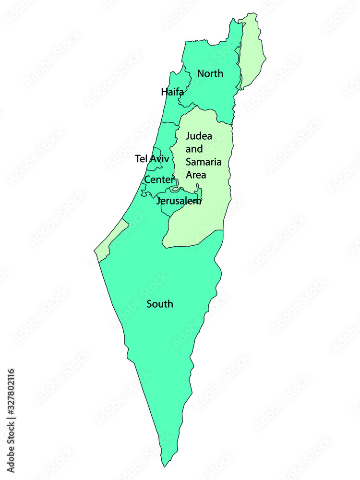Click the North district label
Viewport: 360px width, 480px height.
[210, 74]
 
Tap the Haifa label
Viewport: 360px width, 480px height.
[172, 92]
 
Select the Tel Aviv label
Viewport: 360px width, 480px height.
[152, 158]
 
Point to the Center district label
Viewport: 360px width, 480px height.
[159, 180]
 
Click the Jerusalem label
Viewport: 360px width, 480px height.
[179, 201]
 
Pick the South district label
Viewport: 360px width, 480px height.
[160, 304]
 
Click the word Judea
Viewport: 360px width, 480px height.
[199, 136]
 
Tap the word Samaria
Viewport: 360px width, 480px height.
[202, 162]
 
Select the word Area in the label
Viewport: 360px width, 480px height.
[196, 175]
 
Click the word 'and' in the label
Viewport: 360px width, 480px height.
[194, 149]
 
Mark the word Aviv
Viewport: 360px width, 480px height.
[160, 158]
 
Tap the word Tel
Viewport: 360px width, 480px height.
[141, 158]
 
